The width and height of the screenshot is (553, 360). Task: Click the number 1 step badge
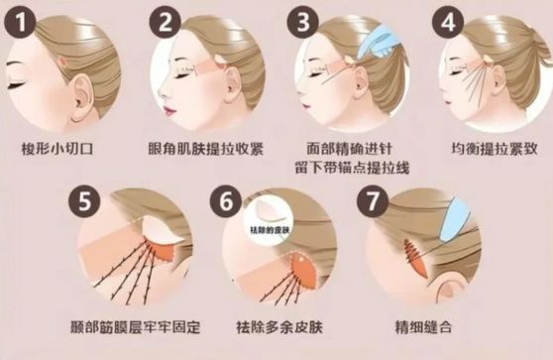click(20, 22)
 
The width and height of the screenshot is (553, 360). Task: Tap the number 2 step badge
click(166, 22)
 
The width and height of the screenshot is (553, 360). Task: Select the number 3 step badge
click(302, 22)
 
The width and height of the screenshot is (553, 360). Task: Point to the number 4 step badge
click(448, 22)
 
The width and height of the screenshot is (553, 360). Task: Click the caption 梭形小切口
click(57, 149)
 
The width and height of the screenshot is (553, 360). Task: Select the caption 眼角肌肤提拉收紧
click(206, 149)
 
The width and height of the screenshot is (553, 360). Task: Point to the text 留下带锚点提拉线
click(353, 168)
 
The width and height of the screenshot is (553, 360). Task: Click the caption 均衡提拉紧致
click(495, 149)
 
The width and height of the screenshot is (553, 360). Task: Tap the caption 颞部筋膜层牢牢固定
click(136, 327)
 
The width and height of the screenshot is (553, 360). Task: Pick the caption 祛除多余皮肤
click(279, 327)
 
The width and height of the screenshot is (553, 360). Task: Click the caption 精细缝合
click(423, 327)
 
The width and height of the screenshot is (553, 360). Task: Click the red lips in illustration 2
click(170, 108)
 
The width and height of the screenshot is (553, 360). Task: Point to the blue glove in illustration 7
click(455, 219)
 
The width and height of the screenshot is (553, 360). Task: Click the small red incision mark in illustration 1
click(63, 61)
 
